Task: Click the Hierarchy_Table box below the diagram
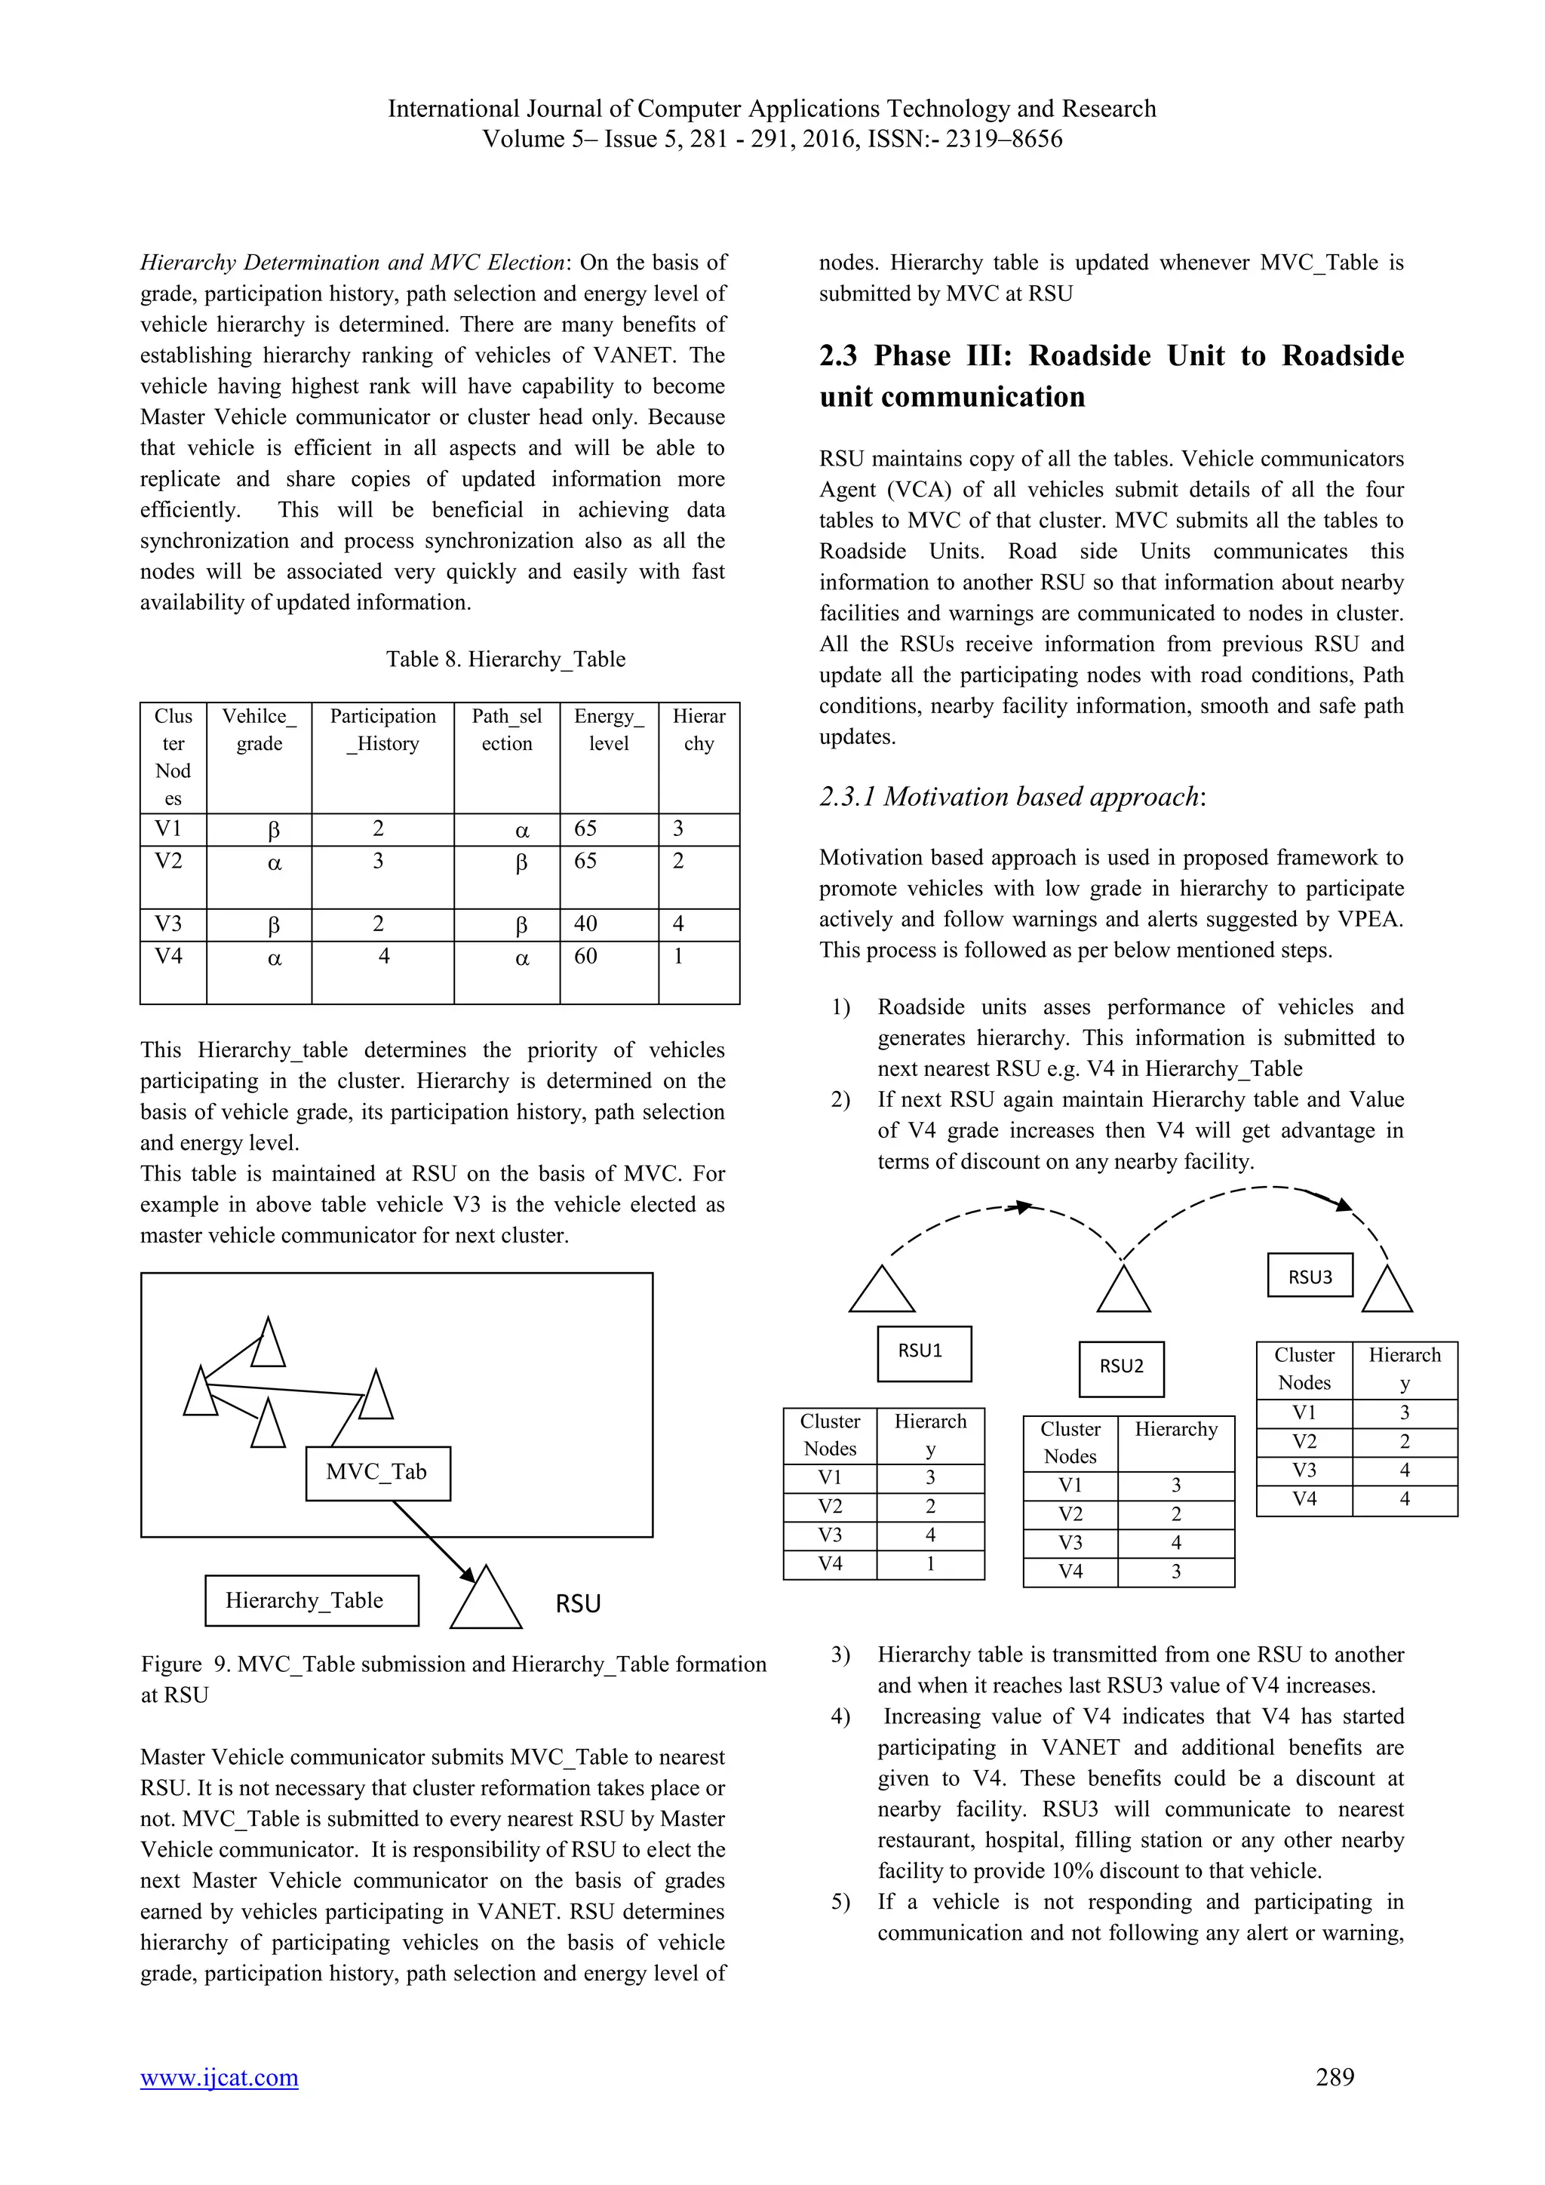311,1601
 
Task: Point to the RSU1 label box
924,1352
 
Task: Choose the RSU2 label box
1121,1368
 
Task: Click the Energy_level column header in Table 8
609,730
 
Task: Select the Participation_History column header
382,730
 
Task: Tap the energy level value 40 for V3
586,924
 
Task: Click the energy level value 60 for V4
586,957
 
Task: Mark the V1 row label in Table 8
168,829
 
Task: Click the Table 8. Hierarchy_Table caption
505,659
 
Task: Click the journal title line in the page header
772,109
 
